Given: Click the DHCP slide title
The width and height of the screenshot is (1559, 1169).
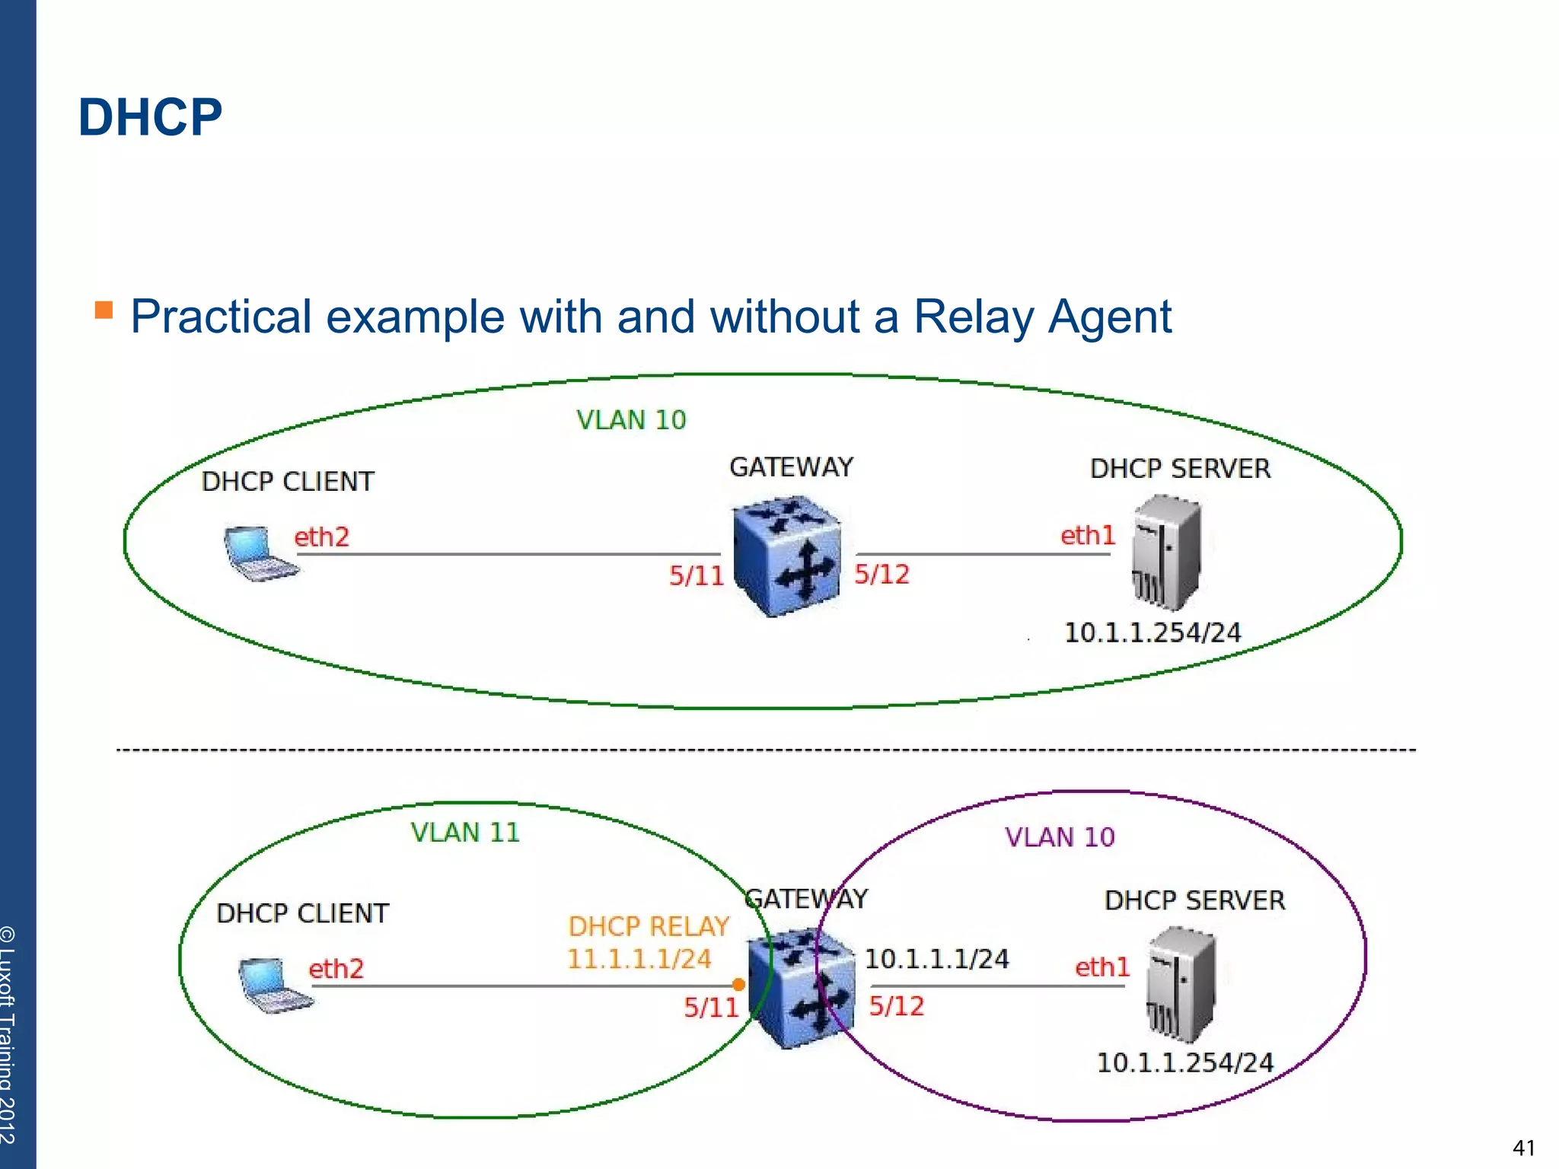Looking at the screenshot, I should click(x=150, y=118).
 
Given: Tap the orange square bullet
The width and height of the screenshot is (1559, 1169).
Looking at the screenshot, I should click(x=104, y=310).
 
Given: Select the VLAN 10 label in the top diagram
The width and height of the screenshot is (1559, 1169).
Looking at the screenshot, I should click(x=631, y=420).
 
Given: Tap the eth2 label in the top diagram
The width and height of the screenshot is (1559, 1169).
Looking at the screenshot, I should click(x=321, y=537).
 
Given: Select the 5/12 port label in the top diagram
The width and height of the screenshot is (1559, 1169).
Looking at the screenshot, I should click(x=882, y=574).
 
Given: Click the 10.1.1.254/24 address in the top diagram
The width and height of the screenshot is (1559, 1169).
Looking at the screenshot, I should click(x=1153, y=632).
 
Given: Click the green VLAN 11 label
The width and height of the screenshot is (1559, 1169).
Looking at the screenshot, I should click(x=465, y=832).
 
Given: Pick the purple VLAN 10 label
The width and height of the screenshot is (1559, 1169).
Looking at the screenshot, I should click(x=1060, y=837).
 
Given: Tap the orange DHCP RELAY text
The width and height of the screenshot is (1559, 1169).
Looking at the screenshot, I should click(x=649, y=926).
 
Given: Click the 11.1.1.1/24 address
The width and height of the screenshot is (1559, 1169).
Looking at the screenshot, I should click(x=639, y=959).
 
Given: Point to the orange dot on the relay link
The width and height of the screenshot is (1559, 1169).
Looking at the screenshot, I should click(x=738, y=985).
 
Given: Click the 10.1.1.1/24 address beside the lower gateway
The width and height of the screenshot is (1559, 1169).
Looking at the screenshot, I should click(x=936, y=959).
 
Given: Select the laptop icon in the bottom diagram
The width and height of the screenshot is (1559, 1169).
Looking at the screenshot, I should click(x=273, y=986).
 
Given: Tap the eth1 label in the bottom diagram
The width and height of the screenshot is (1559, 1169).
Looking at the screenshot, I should click(x=1102, y=967).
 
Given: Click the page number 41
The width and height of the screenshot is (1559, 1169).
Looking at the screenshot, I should click(x=1523, y=1148).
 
